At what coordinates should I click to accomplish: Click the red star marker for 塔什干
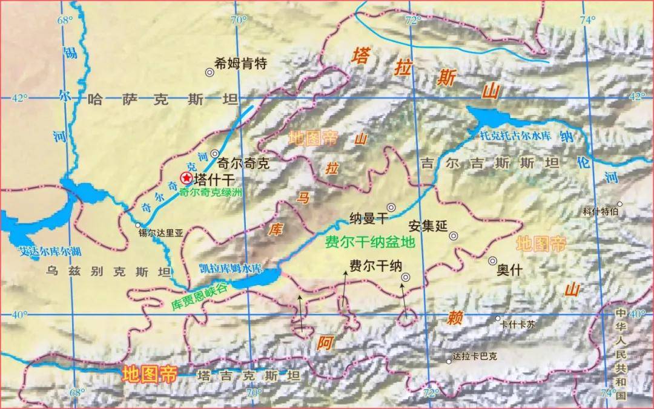click(187, 178)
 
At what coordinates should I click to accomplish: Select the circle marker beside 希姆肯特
click(210, 72)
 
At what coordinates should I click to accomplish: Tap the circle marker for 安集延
click(454, 236)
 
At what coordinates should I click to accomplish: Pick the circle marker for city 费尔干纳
click(405, 277)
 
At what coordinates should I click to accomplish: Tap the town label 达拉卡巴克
click(475, 357)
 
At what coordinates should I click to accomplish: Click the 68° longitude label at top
click(65, 19)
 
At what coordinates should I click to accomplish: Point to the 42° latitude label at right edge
click(638, 97)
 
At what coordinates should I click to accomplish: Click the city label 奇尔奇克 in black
click(242, 163)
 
